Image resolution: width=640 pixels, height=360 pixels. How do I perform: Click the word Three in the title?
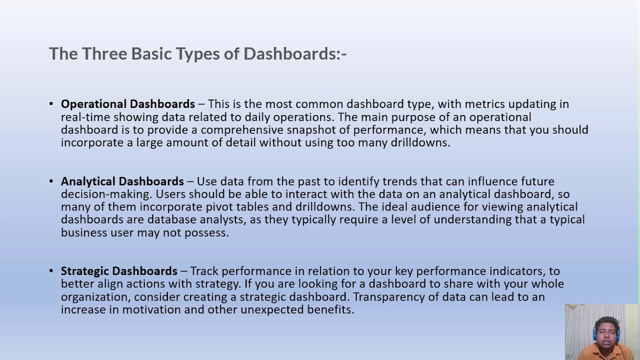(104, 54)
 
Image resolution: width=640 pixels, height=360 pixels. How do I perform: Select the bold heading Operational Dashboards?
(127, 104)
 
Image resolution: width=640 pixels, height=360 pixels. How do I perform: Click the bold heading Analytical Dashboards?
(122, 181)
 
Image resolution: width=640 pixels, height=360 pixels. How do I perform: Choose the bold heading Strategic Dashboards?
(119, 271)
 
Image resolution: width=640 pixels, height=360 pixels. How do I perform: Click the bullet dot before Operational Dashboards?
(51, 104)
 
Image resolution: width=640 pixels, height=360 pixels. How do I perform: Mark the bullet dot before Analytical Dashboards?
(51, 181)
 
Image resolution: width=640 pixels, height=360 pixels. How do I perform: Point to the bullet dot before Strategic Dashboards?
(51, 271)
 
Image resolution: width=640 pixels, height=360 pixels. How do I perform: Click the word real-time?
(85, 117)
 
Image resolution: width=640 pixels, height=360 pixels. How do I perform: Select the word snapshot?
(307, 130)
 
